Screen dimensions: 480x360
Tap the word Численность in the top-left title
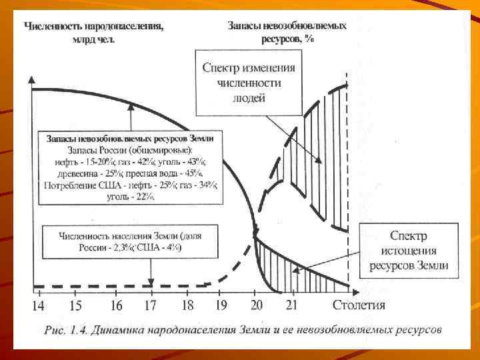[54, 27]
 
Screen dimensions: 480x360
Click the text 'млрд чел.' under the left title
[94, 39]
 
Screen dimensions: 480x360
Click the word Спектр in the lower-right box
[409, 236]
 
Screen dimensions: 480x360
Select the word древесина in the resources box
[75, 173]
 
